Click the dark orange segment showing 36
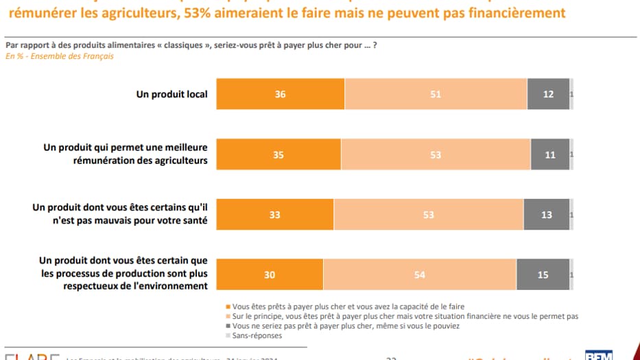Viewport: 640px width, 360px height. [280, 95]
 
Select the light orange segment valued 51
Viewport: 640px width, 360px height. [436, 95]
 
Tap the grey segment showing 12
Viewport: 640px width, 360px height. [548, 95]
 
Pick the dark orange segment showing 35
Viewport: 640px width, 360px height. [278, 155]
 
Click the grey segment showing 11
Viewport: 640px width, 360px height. [550, 155]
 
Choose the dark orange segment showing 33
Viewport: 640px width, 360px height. [275, 215]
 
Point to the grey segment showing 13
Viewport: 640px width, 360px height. [547, 215]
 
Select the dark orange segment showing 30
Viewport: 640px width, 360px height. [270, 275]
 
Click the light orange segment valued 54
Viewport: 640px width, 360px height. [420, 275]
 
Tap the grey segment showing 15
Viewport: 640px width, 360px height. [543, 275]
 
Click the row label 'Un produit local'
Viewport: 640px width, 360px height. [171, 94]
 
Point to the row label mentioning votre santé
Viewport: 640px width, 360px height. [120, 215]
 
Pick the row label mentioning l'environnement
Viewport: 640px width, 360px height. [123, 274]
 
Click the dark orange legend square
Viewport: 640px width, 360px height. [228, 306]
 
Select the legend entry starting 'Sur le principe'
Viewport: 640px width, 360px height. [405, 316]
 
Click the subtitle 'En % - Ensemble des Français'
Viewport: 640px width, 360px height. [60, 56]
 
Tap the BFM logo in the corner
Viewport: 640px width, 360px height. [598, 355]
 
